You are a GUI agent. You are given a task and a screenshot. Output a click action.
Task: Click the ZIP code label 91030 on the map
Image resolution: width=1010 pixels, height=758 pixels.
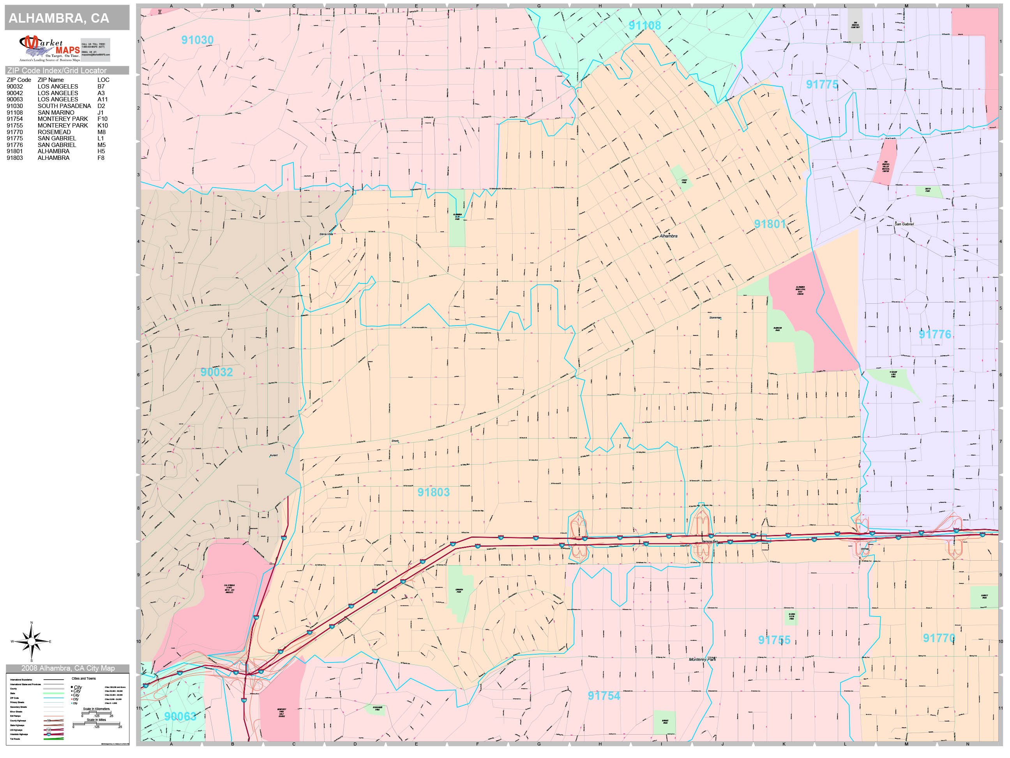pos(197,40)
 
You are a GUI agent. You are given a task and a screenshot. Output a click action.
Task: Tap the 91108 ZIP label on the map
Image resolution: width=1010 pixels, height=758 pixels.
pos(644,26)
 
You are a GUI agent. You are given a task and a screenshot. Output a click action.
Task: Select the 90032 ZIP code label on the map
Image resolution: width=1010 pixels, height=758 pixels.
pos(216,372)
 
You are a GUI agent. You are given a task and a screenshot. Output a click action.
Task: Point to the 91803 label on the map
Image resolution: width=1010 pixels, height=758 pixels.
pos(433,492)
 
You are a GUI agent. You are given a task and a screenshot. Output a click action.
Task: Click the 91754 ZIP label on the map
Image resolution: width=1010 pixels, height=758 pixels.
pos(604,696)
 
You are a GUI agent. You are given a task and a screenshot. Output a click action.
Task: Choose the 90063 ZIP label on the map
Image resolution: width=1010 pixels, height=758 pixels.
pos(180,716)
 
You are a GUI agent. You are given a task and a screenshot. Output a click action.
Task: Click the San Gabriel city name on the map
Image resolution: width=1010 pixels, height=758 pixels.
pos(904,224)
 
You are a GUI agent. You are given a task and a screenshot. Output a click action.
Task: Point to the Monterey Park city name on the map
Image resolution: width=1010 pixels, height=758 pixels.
pos(702,659)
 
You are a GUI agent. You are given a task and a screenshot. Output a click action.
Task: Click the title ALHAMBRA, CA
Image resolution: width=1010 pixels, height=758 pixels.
pos(59,18)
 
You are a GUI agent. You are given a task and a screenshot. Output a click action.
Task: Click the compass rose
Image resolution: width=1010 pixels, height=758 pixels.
pos(31,641)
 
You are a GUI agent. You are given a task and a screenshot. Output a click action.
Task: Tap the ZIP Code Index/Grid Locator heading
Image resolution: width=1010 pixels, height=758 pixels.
pos(57,70)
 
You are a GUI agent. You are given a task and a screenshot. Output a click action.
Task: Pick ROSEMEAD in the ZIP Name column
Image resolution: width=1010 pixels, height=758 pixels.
pos(54,132)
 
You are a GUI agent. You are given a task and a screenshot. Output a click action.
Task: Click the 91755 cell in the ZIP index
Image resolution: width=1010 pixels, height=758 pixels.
pos(14,125)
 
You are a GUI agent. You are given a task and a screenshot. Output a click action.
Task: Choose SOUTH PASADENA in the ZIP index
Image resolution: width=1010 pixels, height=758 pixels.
pos(64,106)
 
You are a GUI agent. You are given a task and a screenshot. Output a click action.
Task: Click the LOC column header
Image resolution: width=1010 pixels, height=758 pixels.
pos(103,80)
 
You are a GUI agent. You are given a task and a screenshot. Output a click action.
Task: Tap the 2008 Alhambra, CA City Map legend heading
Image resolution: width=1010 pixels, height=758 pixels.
pos(67,668)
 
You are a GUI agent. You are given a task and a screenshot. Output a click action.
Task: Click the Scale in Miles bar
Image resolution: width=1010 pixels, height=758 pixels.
pos(96,723)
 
